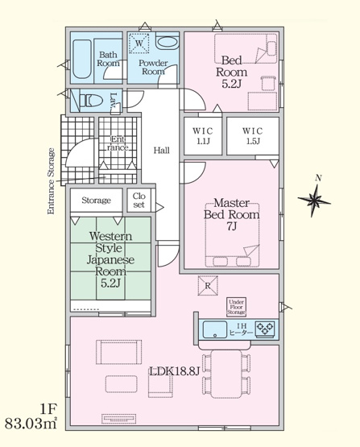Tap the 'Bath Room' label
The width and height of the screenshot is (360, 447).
(109, 59)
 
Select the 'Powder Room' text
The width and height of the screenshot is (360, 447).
(152, 67)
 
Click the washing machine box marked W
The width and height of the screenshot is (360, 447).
(138, 43)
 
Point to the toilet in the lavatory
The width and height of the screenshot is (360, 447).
(91, 101)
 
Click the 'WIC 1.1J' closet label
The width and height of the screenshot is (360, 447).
(202, 135)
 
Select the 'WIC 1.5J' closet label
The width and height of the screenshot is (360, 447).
(253, 135)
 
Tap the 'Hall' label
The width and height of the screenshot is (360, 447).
(161, 150)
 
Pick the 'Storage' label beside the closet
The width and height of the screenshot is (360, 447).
(95, 201)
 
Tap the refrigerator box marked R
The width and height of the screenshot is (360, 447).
(206, 285)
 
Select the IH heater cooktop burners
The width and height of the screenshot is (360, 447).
(265, 329)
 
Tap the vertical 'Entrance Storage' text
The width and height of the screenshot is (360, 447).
(51, 180)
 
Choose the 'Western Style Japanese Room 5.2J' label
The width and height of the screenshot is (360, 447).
(110, 260)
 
